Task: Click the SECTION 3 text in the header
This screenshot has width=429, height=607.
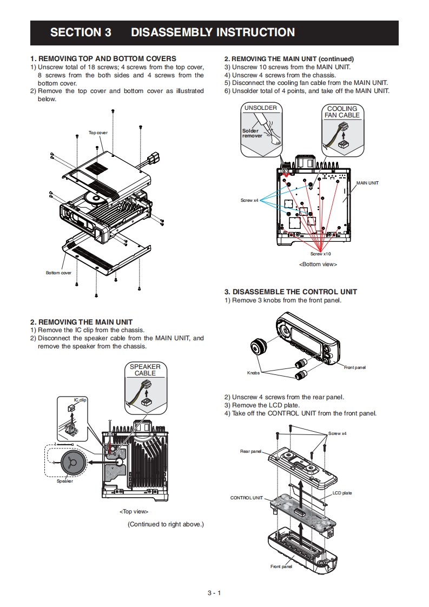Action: [81, 32]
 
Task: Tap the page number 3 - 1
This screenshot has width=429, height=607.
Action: [214, 593]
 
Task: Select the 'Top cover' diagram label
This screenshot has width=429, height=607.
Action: [98, 133]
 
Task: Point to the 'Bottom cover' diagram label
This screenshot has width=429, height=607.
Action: [58, 273]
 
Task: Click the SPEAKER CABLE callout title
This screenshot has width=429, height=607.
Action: [145, 370]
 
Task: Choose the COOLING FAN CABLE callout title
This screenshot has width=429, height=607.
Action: [342, 112]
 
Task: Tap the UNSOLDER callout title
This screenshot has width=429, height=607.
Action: [260, 108]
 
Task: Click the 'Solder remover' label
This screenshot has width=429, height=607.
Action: [252, 133]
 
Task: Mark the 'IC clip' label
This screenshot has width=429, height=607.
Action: [80, 400]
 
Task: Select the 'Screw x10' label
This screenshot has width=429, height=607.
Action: [320, 254]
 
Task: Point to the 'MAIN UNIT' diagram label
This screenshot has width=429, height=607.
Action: [367, 183]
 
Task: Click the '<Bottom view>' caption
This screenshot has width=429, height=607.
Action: [318, 265]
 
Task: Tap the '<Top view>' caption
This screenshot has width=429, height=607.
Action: [134, 511]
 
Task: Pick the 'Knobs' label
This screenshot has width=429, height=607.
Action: [253, 373]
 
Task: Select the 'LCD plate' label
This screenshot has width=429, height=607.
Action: [342, 493]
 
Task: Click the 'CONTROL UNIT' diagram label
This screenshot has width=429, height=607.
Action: [247, 498]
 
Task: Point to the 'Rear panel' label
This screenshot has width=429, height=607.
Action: [251, 451]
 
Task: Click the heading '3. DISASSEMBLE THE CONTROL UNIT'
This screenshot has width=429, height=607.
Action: [291, 292]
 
